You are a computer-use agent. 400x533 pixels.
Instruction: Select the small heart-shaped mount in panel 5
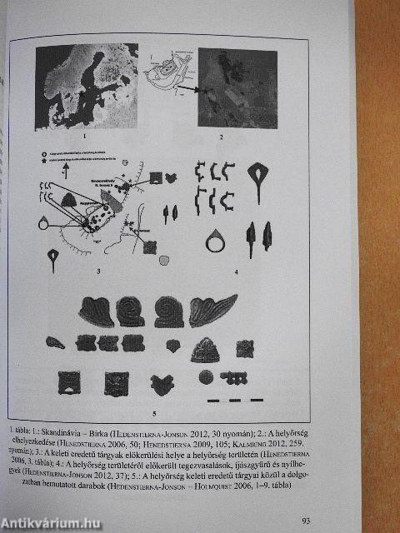click(x=172, y=344)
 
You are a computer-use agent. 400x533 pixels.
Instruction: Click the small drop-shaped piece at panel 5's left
click(x=55, y=341)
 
